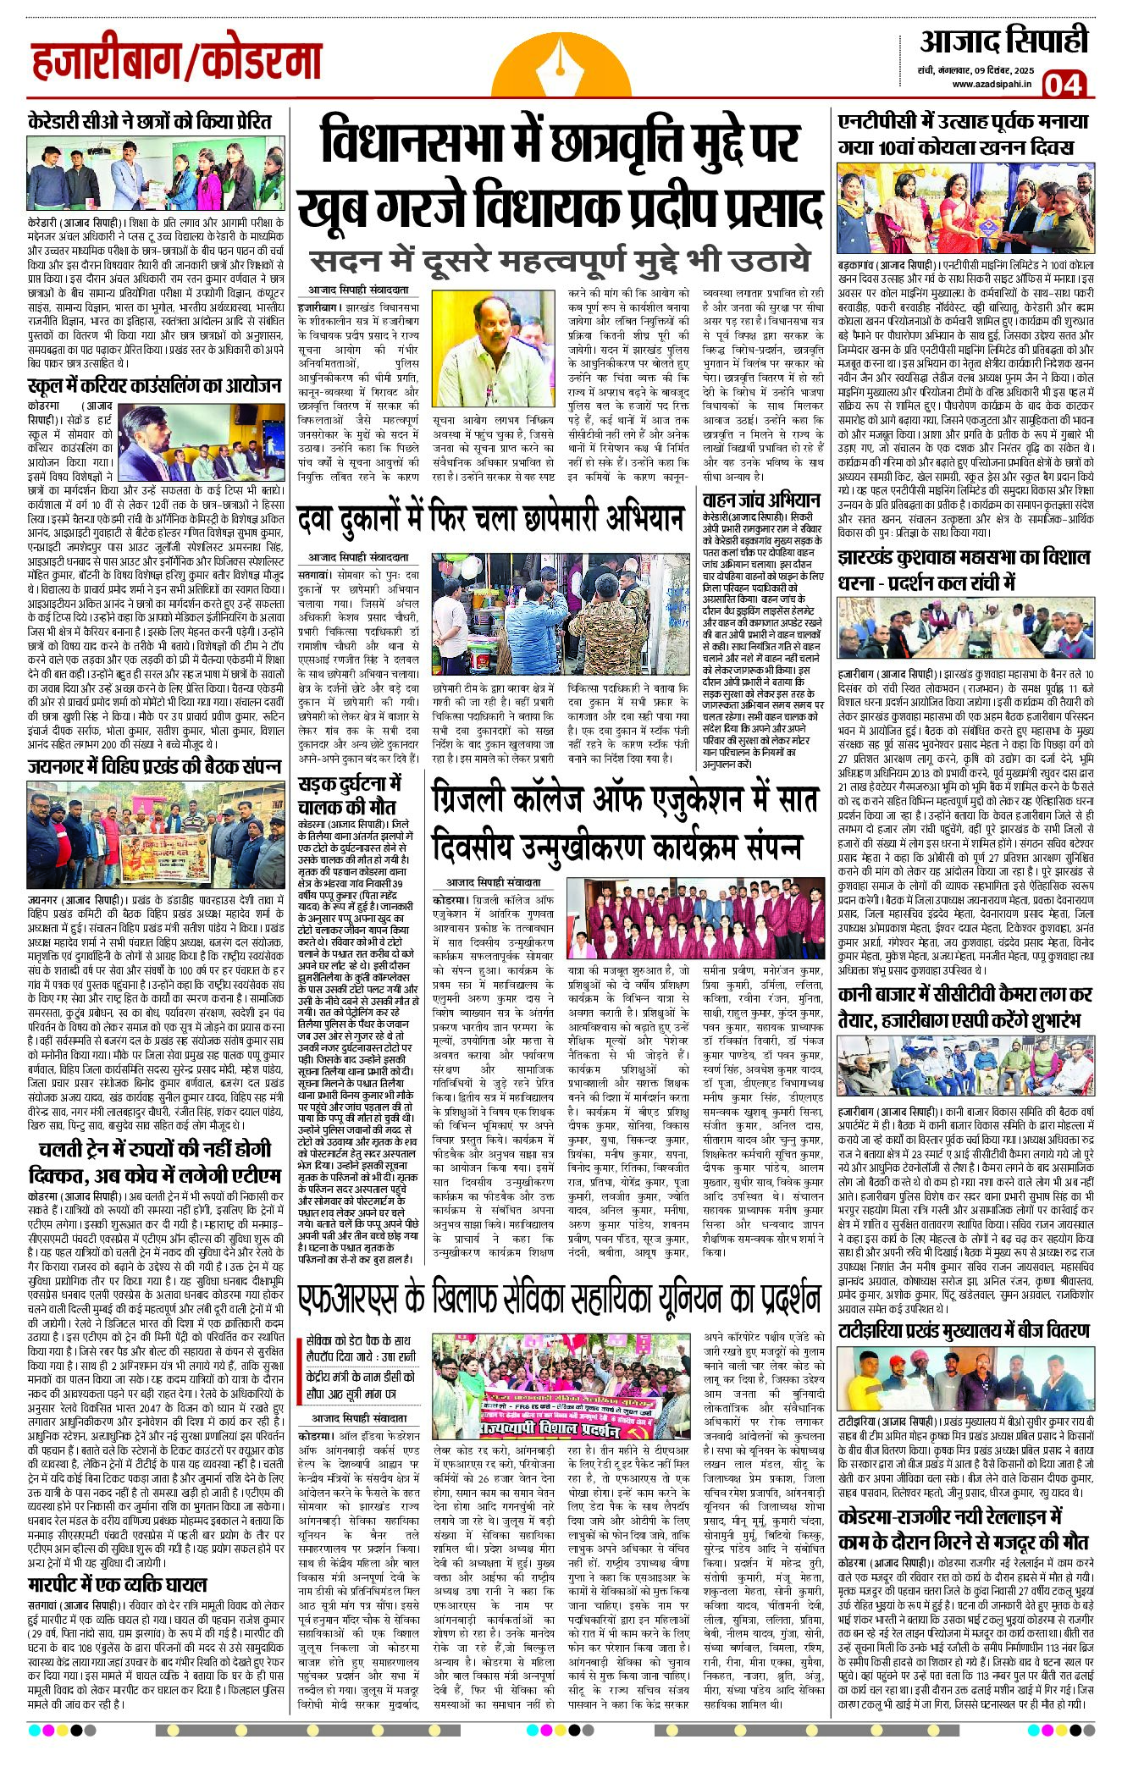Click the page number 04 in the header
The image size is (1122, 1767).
1064,84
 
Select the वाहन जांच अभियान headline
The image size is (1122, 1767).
760,500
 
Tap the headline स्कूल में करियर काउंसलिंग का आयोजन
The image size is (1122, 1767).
155,385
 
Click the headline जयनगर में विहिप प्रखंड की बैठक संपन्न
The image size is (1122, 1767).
155,766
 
